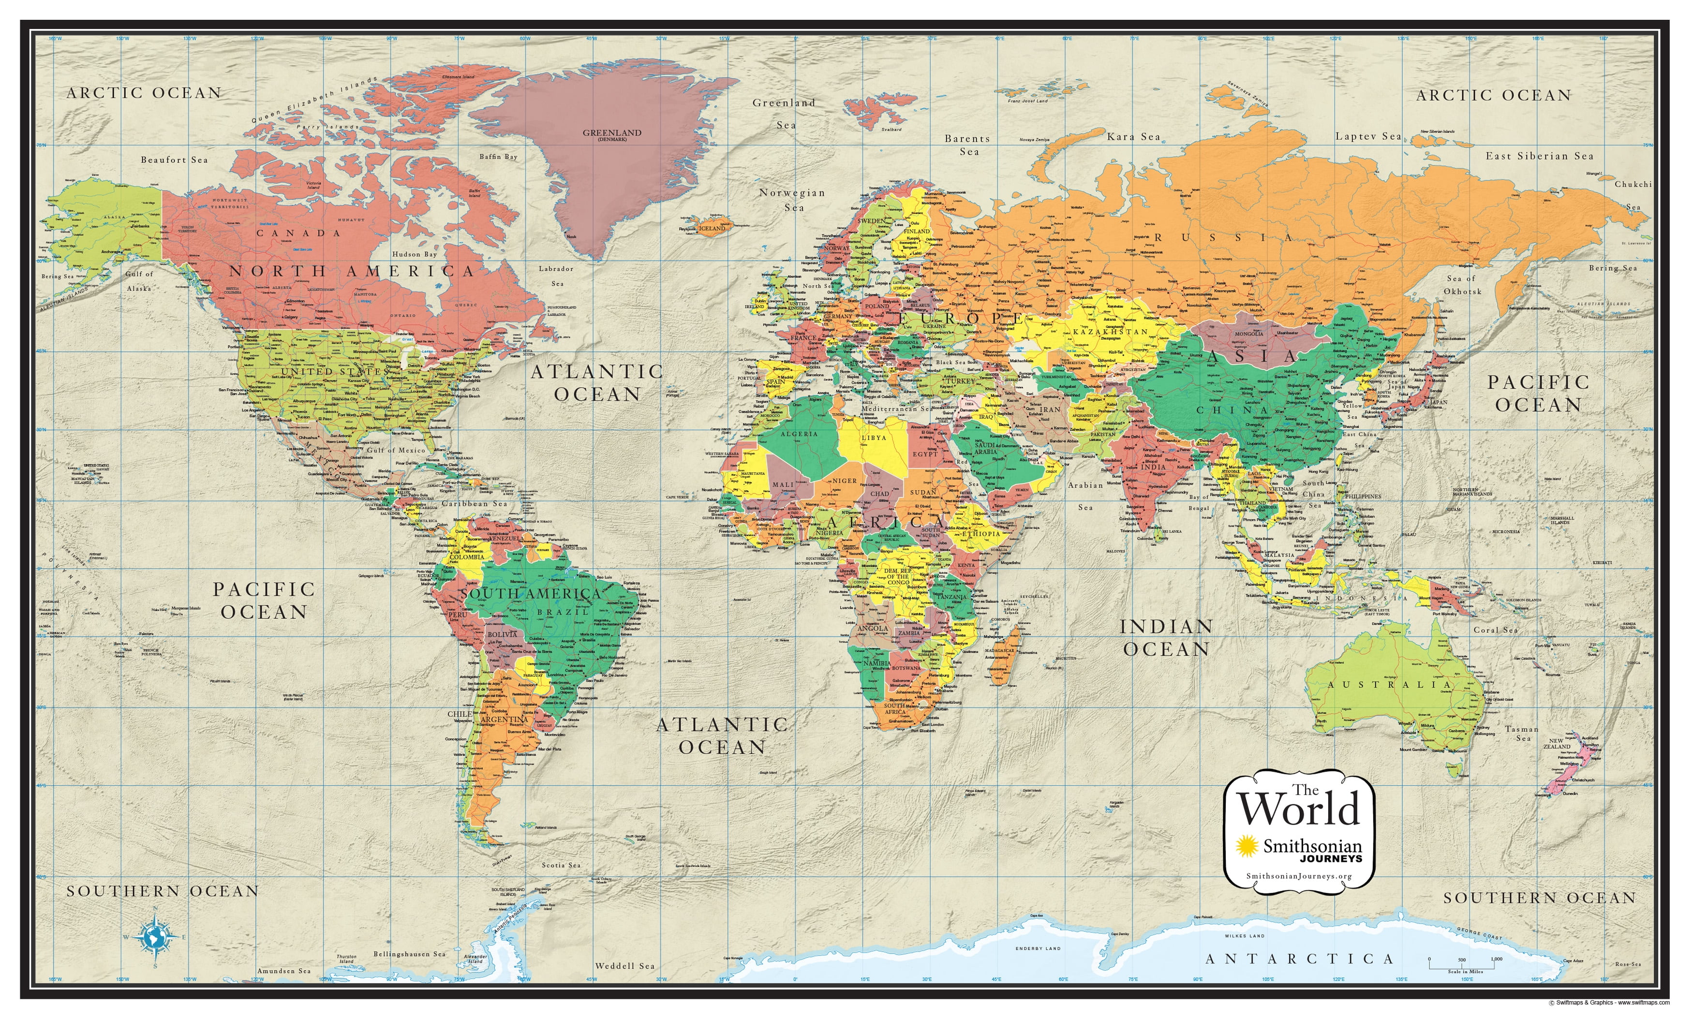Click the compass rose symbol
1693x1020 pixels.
click(x=155, y=936)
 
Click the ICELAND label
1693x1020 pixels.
click(x=712, y=228)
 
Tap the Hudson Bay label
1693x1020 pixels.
click(x=415, y=254)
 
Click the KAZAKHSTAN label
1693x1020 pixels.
click(x=1110, y=332)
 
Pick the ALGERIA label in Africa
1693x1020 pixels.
click(x=799, y=434)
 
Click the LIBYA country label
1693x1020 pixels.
click(x=874, y=437)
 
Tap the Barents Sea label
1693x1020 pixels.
click(x=967, y=145)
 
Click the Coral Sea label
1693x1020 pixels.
click(x=1495, y=630)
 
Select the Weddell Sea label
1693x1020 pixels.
click(x=624, y=966)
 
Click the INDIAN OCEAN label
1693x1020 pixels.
click(x=1166, y=638)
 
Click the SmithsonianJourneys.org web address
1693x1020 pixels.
click(x=1299, y=876)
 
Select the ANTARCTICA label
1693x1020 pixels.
click(x=1299, y=959)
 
